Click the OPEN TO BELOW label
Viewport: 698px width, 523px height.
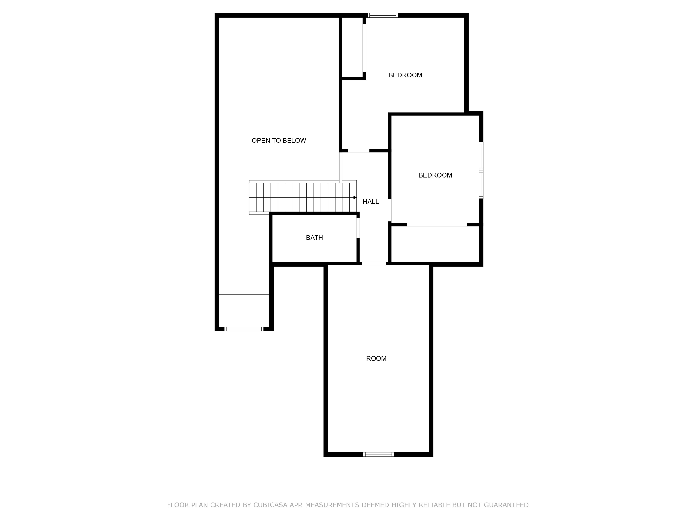pyautogui.click(x=279, y=141)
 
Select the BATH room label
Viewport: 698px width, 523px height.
pyautogui.click(x=314, y=238)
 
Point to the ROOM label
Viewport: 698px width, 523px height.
pyautogui.click(x=376, y=358)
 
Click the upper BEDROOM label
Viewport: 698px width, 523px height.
pyautogui.click(x=405, y=75)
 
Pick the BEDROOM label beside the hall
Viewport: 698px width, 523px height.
pyautogui.click(x=435, y=175)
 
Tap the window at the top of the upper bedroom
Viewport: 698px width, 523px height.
pyautogui.click(x=383, y=15)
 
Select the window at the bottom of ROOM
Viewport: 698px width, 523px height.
pyautogui.click(x=378, y=454)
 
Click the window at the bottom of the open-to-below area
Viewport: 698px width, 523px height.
pyautogui.click(x=244, y=329)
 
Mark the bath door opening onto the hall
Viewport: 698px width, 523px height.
pyautogui.click(x=358, y=228)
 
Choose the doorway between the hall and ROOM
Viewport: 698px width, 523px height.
pyautogui.click(x=374, y=264)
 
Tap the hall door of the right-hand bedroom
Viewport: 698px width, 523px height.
pyautogui.click(x=390, y=210)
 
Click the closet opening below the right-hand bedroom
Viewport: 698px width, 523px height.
pyautogui.click(x=437, y=225)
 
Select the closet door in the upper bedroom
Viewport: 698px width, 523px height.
pyautogui.click(x=364, y=48)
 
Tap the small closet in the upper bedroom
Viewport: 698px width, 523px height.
pyautogui.click(x=352, y=47)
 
